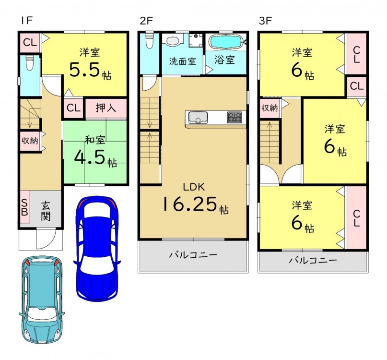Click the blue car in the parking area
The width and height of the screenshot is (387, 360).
click(97, 248)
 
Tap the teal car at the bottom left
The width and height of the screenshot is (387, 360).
click(41, 299)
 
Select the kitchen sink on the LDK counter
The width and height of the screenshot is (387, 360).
click(198, 118)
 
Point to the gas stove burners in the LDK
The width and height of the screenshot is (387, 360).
click(235, 117)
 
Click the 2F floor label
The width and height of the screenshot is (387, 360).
click(146, 21)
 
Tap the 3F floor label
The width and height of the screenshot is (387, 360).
click(265, 21)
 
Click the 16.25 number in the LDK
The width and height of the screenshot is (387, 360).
click(189, 204)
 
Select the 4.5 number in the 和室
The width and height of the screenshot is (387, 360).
click(90, 157)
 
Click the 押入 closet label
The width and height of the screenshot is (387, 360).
click(106, 108)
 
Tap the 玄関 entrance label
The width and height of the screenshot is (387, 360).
click(46, 211)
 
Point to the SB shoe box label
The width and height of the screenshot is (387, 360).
click(24, 207)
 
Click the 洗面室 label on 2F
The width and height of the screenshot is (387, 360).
click(182, 61)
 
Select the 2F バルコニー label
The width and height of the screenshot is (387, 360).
click(193, 255)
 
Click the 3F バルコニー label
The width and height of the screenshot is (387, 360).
click(313, 260)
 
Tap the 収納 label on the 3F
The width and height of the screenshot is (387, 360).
click(270, 108)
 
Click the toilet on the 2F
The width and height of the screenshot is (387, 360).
click(150, 41)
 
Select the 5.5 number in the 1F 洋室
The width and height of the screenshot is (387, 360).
click(84, 70)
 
